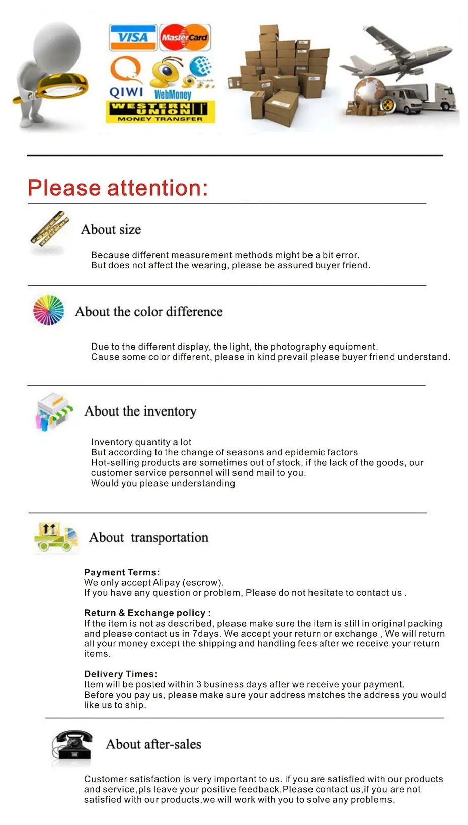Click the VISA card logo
point(133,37)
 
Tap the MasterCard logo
point(185,37)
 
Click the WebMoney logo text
point(173,94)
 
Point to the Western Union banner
point(160,111)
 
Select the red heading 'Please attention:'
point(118,188)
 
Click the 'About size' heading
point(111,229)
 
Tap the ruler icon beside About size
point(49,229)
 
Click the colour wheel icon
point(48,310)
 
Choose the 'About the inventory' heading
point(140,411)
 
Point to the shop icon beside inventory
point(53,411)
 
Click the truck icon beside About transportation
point(56,537)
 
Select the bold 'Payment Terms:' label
point(122,572)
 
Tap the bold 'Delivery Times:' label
point(121,674)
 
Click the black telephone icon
point(72,745)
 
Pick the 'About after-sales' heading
point(153,744)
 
